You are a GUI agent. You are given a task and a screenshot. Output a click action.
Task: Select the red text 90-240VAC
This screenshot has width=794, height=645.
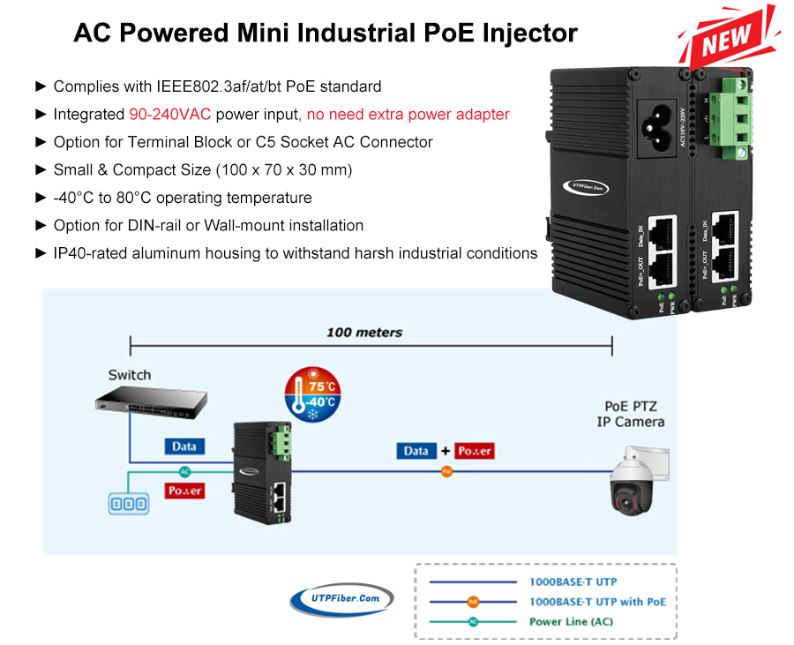pos(170,114)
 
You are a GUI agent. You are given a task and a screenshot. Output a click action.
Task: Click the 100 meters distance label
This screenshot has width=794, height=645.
pos(363,333)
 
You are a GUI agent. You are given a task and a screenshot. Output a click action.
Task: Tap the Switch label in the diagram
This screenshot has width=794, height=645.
pos(130,375)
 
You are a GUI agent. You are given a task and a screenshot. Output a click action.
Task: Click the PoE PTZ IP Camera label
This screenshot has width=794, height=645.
pos(630,414)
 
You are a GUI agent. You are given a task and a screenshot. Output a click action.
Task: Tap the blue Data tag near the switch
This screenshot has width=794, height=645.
pos(184,446)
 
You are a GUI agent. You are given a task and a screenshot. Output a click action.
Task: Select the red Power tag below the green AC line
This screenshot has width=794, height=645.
pos(184,491)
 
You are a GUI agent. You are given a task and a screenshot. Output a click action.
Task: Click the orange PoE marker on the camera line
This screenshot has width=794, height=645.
pos(446,472)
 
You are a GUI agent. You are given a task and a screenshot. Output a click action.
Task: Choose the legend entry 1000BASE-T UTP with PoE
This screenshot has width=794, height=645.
pos(597,602)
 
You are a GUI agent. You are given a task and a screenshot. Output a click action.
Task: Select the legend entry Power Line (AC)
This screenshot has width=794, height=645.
pos(571,621)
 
